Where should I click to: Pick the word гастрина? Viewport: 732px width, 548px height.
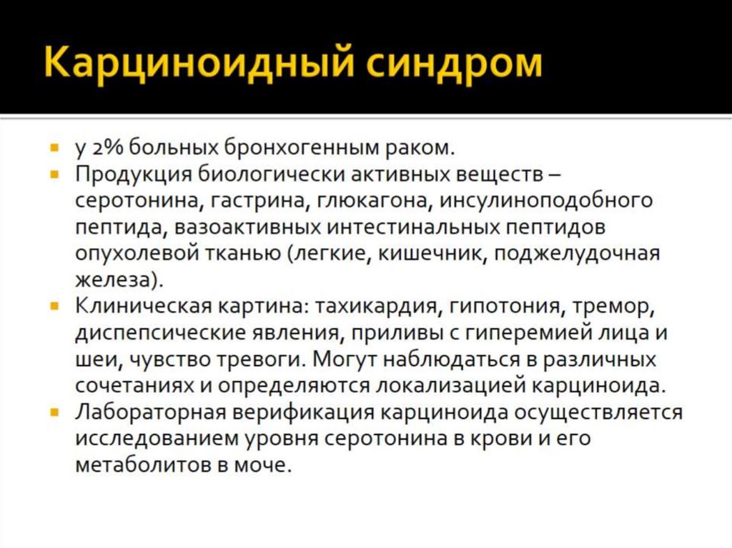[256, 200]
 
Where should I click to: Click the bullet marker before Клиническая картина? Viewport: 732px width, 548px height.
[55, 307]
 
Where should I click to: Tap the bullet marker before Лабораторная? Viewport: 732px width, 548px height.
[55, 412]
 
